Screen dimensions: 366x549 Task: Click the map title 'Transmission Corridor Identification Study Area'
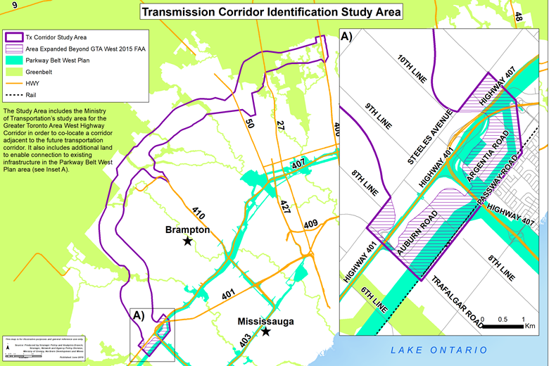click(271, 12)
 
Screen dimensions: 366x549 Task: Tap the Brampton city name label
click(187, 229)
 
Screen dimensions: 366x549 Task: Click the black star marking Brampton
click(187, 241)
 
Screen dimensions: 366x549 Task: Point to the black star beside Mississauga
click(266, 331)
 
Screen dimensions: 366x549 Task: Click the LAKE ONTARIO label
click(440, 350)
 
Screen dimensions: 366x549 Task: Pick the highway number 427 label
click(285, 208)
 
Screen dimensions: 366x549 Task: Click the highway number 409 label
click(310, 225)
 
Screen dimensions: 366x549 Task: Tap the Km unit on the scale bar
click(530, 326)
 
